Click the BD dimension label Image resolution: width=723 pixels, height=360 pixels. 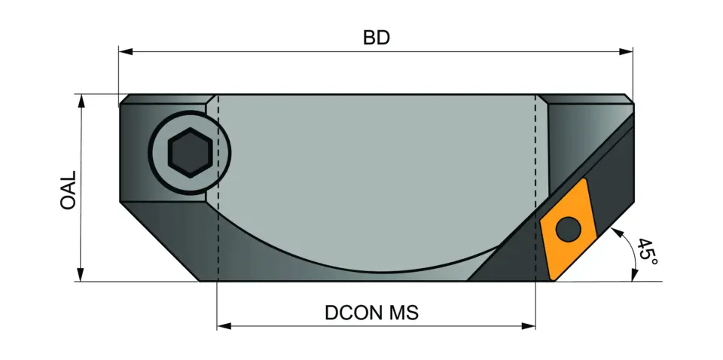click(377, 38)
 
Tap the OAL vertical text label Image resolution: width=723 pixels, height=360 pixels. click(69, 189)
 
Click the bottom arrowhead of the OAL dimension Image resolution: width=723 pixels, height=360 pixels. click(80, 275)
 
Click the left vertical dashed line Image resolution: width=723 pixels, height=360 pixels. click(218, 188)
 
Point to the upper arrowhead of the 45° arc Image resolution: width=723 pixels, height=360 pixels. click(619, 231)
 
